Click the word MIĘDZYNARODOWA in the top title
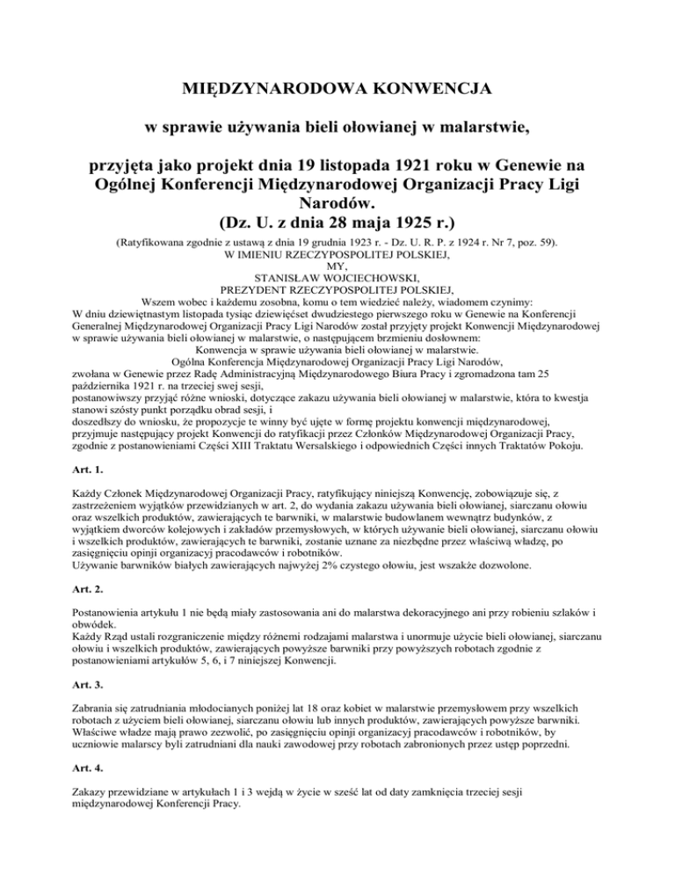[264, 89]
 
